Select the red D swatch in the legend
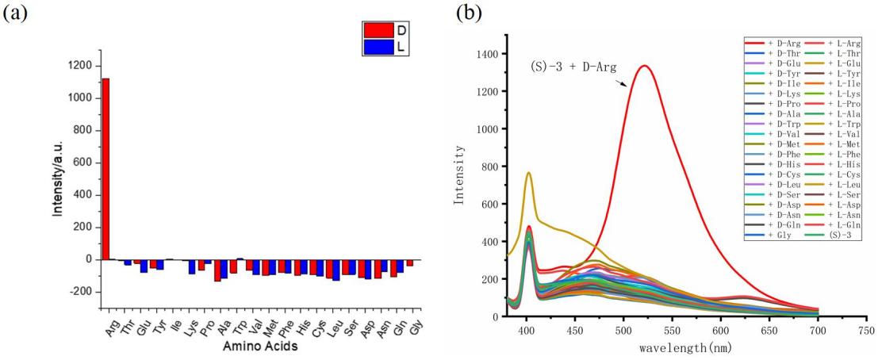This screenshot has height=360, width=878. click(x=378, y=30)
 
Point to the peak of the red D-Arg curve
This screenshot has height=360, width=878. click(x=644, y=66)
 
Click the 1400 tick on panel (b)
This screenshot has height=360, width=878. click(x=485, y=54)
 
